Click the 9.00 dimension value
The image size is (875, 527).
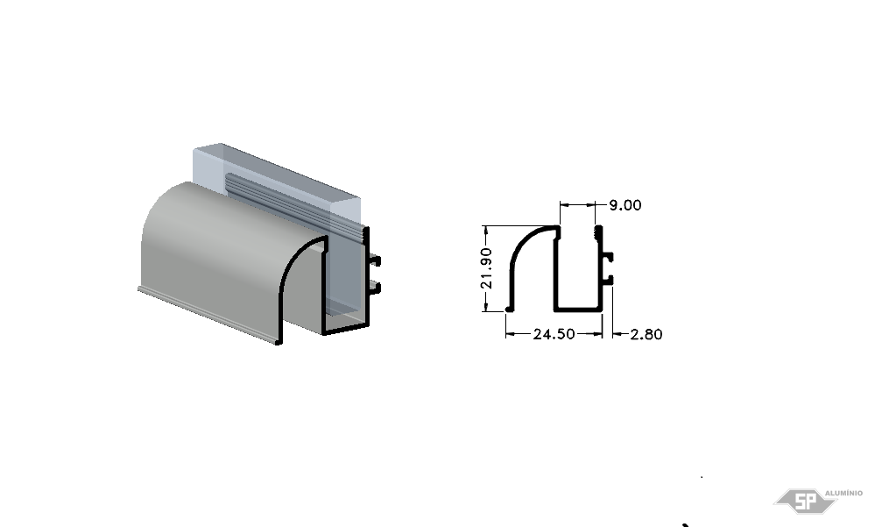coord(625,205)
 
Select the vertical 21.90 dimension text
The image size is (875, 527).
coord(486,268)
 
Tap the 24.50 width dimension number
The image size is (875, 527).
coord(554,334)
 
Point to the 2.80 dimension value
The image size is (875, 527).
coord(646,334)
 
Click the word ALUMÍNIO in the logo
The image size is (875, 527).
coord(843,493)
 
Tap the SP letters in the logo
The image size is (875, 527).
coord(805,502)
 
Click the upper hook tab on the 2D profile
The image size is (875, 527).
coord(608,258)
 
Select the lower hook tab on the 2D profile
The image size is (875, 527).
coord(608,280)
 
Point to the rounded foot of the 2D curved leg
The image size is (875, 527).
coord(508,308)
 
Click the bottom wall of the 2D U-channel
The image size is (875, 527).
coord(578,309)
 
